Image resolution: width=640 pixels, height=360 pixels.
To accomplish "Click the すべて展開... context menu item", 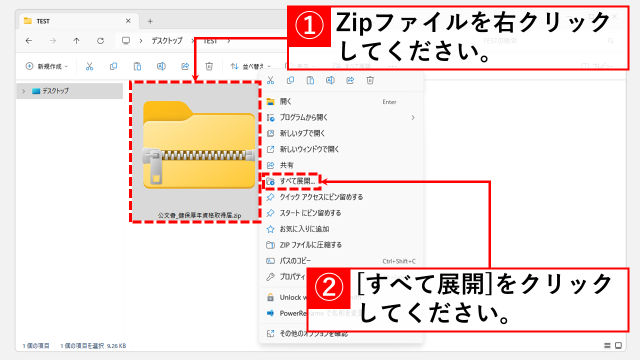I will (x=297, y=181).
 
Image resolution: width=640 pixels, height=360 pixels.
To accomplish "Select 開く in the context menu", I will (x=285, y=101).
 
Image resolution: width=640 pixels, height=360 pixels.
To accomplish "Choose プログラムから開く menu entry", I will (x=303, y=117).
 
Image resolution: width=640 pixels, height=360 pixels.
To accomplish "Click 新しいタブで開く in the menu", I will (x=302, y=133).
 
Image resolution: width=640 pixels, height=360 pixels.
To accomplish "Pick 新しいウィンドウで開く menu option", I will (x=309, y=149).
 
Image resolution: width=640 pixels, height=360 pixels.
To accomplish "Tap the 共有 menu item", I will (x=286, y=165).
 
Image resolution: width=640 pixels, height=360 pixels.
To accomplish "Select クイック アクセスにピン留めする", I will (x=321, y=197).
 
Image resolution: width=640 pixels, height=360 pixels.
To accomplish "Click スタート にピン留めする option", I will (x=310, y=213).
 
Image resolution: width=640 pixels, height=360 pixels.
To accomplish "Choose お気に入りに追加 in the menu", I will (x=304, y=229).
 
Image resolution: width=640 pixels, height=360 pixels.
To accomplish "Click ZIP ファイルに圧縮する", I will (x=310, y=245).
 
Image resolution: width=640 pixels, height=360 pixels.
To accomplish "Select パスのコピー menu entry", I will (x=295, y=261).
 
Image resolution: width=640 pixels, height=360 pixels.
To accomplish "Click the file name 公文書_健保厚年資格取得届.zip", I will (x=199, y=215).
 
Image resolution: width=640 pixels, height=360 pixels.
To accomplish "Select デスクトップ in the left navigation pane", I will (x=55, y=91).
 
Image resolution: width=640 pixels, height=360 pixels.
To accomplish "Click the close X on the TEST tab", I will (x=128, y=21).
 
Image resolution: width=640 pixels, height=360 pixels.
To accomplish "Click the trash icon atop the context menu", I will (x=370, y=80).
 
